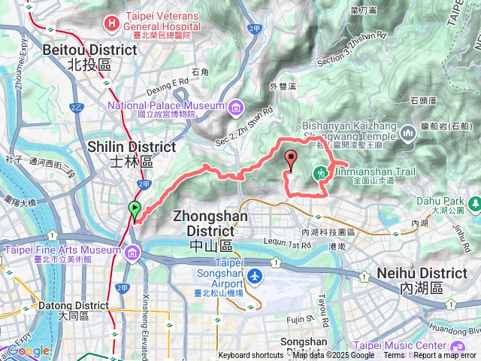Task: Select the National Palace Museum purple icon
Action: click(x=237, y=105)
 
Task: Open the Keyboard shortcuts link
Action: click(x=251, y=356)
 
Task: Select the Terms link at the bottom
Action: click(x=395, y=356)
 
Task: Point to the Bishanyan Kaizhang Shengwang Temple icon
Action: click(x=409, y=134)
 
